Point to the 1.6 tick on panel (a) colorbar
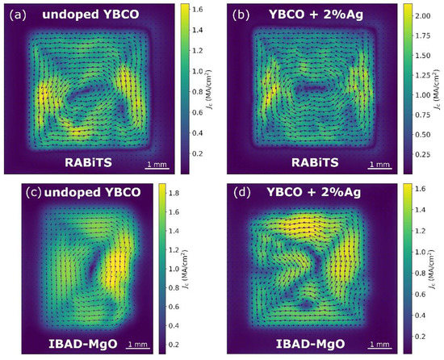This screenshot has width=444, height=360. [203, 13]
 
